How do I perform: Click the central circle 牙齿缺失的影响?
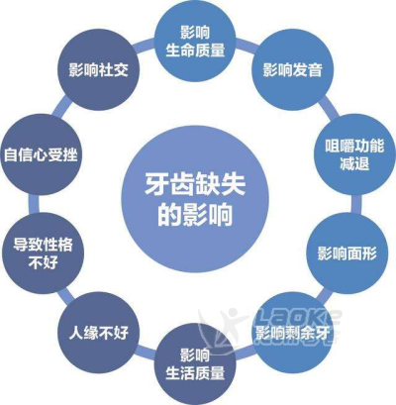pyautogui.click(x=195, y=199)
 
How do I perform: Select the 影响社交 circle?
pyautogui.click(x=98, y=70)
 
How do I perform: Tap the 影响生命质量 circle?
pyautogui.click(x=195, y=41)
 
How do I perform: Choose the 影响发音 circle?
pyautogui.click(x=292, y=70)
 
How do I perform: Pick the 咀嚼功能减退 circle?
pyautogui.click(x=354, y=154)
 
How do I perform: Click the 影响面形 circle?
pyautogui.click(x=347, y=253)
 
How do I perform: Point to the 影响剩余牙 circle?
pyautogui.click(x=293, y=333)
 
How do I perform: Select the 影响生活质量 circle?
pyautogui.click(x=195, y=364)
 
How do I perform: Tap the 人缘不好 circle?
pyautogui.click(x=98, y=333)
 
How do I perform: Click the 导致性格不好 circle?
pyautogui.click(x=43, y=253)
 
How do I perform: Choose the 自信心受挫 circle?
pyautogui.click(x=41, y=154)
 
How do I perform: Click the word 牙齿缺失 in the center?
pyautogui.click(x=195, y=184)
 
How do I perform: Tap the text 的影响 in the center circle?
pyautogui.click(x=195, y=215)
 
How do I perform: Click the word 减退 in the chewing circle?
pyautogui.click(x=354, y=163)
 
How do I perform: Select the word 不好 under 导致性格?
pyautogui.click(x=43, y=262)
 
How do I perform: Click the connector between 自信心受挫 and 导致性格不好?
pyautogui.click(x=34, y=204)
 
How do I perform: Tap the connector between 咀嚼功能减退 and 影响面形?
pyautogui.click(x=356, y=204)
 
